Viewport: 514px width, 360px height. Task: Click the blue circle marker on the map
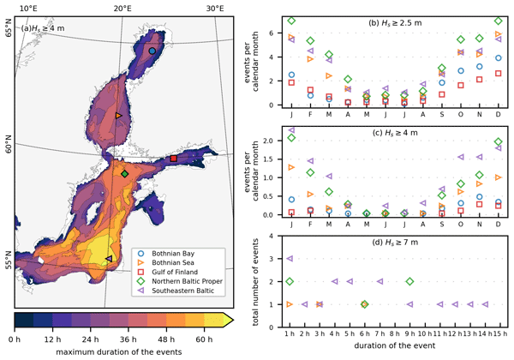152,51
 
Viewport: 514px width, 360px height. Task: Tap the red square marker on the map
173,159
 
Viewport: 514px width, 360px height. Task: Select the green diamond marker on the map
125,174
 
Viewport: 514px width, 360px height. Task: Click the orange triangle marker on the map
118,115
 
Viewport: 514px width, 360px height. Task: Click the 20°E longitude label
123,8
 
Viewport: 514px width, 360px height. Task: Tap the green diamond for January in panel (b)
291,21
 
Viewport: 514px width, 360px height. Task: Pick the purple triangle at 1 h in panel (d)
291,258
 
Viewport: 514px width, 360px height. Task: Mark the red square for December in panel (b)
499,74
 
